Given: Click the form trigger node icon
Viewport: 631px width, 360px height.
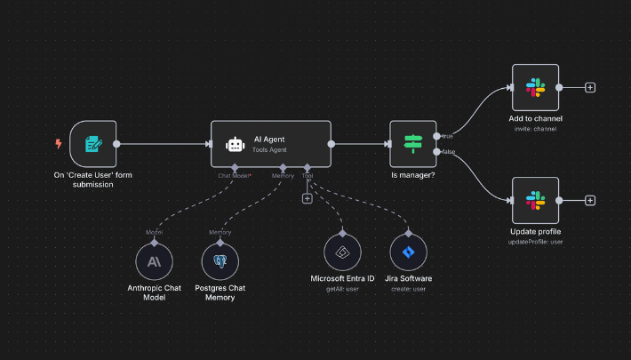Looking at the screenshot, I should pos(92,143).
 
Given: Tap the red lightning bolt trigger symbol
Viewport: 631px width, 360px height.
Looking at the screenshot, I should pos(59,143).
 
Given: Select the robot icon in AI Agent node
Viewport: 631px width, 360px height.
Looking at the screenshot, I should pos(235,144).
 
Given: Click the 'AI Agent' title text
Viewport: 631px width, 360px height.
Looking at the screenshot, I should pos(269,139).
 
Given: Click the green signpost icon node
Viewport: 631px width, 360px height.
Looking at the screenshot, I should pos(413,143).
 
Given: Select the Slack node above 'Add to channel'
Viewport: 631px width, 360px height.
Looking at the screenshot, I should pos(535,87).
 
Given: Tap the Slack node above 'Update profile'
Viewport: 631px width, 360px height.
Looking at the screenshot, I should pos(535,200).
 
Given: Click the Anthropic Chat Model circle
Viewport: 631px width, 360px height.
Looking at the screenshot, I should pos(155,261).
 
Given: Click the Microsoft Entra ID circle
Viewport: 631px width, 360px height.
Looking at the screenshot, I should pos(342,252).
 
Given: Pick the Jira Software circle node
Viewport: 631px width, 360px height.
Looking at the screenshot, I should pos(408,252).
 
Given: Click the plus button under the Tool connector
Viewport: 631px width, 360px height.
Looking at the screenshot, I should pos(307,198).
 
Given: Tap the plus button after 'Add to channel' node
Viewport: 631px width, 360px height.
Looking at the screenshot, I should pos(590,87).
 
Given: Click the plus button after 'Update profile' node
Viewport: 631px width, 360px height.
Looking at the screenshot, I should pos(590,200).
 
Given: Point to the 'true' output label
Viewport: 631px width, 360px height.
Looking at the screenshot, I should pos(446,136).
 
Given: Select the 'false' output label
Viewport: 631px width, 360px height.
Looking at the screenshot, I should pos(447,152).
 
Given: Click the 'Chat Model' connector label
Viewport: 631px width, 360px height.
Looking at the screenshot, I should pos(235,176).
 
